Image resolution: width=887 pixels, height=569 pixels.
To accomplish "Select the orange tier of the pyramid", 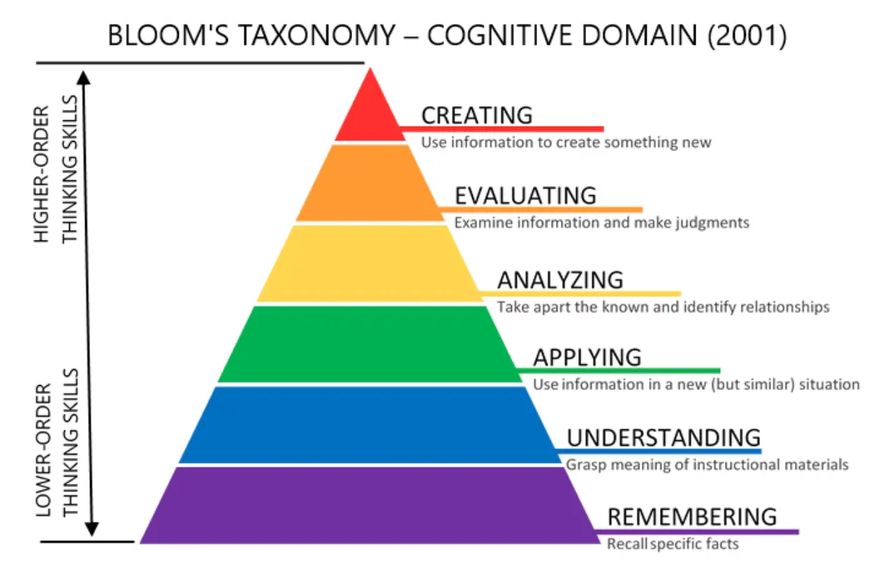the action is (x=370, y=183).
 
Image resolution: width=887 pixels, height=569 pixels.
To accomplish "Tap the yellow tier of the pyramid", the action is (x=370, y=264).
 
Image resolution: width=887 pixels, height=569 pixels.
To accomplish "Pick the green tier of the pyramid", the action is (x=370, y=345).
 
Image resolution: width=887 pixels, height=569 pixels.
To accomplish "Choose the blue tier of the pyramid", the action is (x=370, y=425).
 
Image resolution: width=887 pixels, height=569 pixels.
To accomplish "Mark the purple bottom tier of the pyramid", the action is (x=370, y=505).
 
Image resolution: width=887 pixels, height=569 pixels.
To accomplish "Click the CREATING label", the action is (x=477, y=115).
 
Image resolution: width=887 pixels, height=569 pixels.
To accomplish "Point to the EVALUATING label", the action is (x=525, y=196).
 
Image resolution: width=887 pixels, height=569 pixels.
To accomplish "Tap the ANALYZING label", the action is (x=560, y=280).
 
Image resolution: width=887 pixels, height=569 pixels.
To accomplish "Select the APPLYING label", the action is (x=587, y=357).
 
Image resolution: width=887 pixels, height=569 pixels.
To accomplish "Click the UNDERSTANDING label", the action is (x=664, y=438).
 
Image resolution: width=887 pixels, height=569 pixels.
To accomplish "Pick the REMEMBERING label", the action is (x=692, y=517).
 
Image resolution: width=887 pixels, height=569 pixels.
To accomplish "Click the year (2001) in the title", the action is (x=747, y=36).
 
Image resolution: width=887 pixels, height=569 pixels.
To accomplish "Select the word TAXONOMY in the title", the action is (x=317, y=35).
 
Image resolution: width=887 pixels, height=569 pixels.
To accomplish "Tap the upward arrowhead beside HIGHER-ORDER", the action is (x=84, y=78).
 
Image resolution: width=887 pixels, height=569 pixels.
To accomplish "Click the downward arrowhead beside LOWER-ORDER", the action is (x=92, y=529).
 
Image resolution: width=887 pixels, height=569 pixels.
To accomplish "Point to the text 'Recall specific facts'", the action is (x=673, y=544).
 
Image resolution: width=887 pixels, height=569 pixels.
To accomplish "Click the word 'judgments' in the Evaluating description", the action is (x=712, y=223).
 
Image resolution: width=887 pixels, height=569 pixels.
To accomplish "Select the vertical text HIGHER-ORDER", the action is (x=42, y=174).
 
